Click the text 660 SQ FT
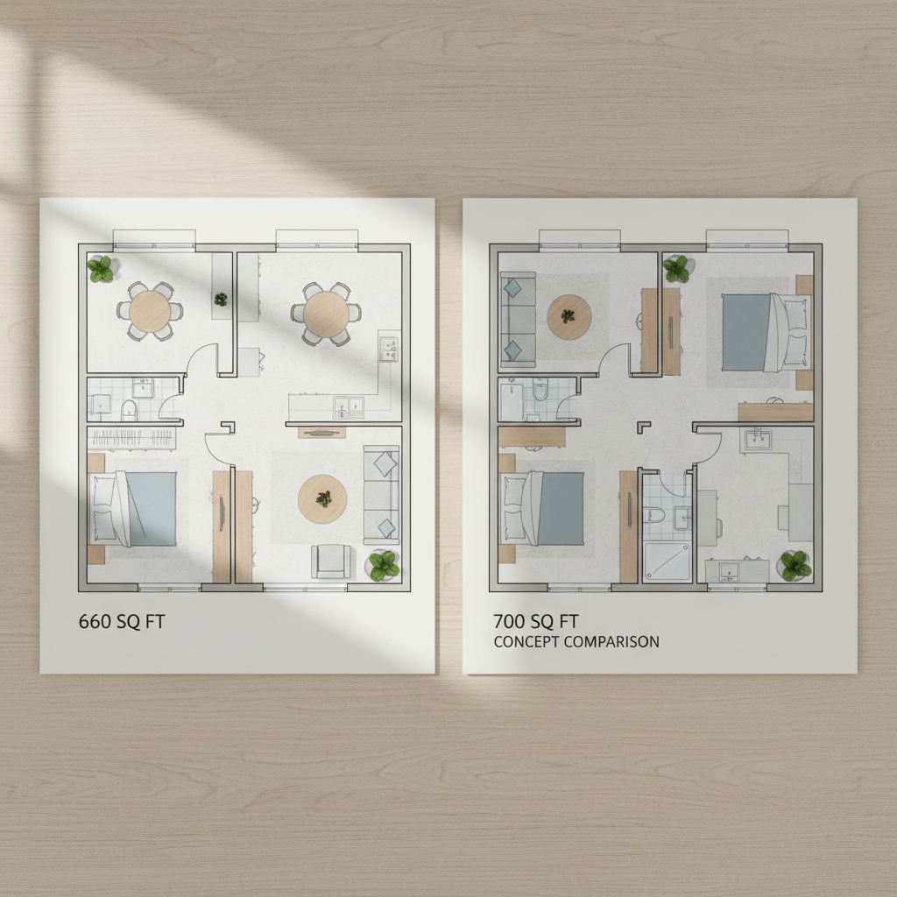(122, 622)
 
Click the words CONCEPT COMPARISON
(576, 642)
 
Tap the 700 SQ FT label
(536, 622)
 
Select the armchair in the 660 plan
(332, 561)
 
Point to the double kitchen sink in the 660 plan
(348, 406)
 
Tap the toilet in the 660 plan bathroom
(129, 408)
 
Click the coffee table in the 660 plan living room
(321, 499)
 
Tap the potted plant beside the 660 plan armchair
(383, 565)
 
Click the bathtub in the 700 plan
(511, 399)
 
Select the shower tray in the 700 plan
(667, 561)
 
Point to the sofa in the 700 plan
(516, 319)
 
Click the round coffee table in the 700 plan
(569, 316)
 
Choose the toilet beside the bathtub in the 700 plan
(540, 390)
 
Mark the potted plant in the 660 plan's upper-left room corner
(101, 268)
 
